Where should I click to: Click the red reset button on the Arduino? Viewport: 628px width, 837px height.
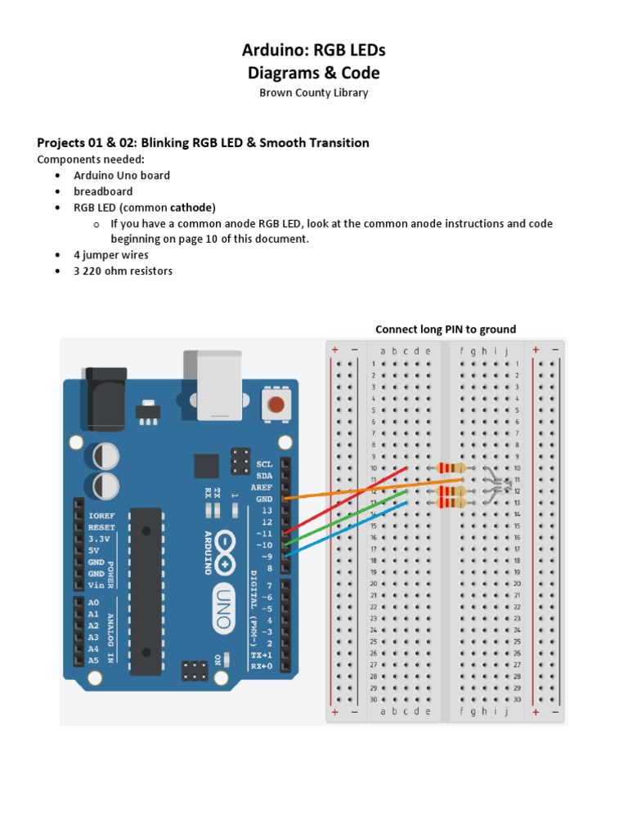tap(276, 404)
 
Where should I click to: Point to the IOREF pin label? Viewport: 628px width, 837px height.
tap(101, 517)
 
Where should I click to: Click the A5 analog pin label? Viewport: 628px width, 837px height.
tap(93, 660)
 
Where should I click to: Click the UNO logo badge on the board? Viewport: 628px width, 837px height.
tap(222, 609)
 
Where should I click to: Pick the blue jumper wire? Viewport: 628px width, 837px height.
tap(343, 532)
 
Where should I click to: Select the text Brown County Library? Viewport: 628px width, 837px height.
tap(313, 93)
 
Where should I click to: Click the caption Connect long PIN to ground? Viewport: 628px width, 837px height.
tap(446, 329)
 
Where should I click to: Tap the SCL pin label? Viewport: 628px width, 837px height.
tap(264, 463)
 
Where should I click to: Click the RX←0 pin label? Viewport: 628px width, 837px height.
tap(261, 666)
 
